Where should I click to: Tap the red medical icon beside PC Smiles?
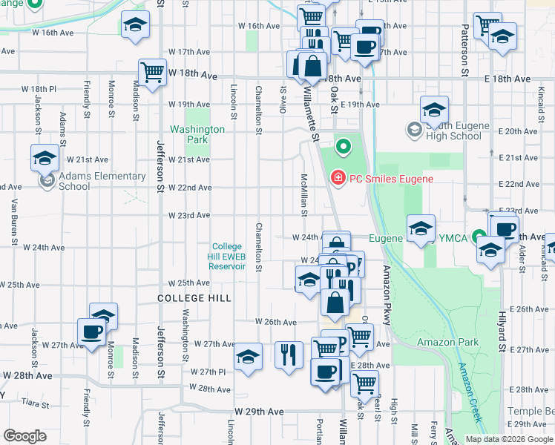[x=337, y=179]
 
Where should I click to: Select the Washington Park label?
[x=197, y=134]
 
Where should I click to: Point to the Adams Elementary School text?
[x=102, y=181]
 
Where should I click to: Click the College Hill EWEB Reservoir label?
[x=227, y=257]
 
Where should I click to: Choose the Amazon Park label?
[x=447, y=342]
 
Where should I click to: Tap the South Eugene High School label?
[x=455, y=131]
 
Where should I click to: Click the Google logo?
[x=25, y=436]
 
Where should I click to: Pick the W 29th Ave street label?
[x=260, y=411]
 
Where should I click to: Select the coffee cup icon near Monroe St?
[x=92, y=332]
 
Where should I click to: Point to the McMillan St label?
[x=304, y=196]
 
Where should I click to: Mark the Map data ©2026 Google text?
[x=509, y=439]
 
